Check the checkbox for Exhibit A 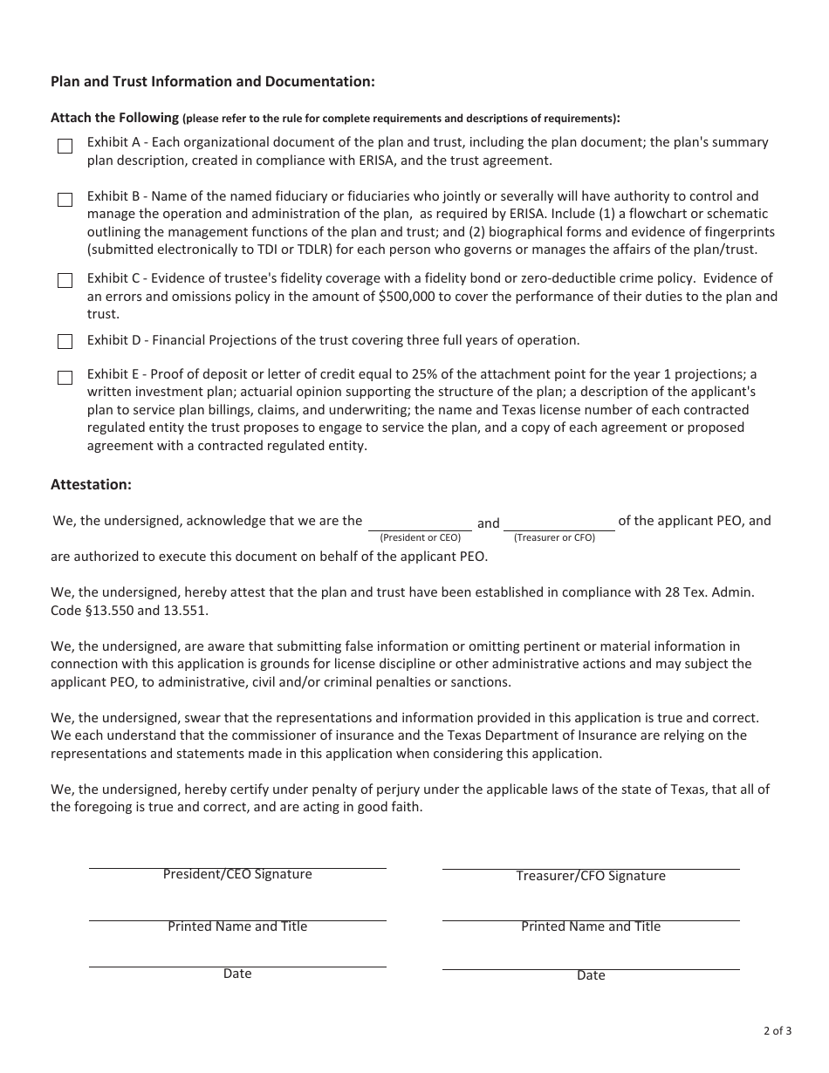(x=65, y=147)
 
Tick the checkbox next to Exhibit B (x=65, y=200)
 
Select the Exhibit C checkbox (x=65, y=281)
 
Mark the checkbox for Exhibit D (x=65, y=341)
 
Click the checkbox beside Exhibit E (x=65, y=378)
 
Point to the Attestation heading (x=91, y=484)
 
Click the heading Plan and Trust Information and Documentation (x=213, y=81)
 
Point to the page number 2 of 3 (x=778, y=1031)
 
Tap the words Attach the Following (x=114, y=118)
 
